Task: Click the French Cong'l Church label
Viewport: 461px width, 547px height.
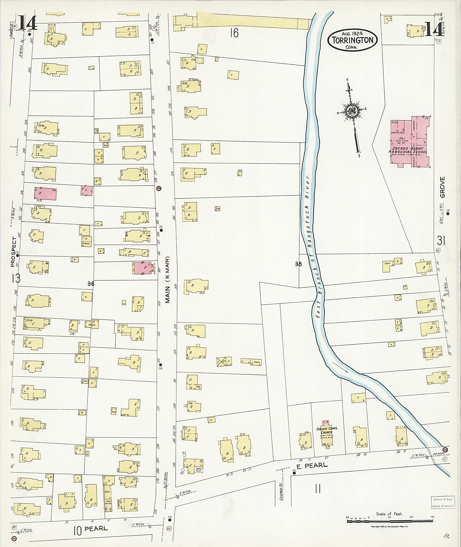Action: coord(327,430)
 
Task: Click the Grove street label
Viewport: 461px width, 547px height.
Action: coord(442,187)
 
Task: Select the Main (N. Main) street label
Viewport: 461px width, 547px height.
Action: coord(167,279)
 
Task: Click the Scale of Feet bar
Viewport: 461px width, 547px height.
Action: coord(389,521)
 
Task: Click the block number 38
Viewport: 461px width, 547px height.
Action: coord(298,264)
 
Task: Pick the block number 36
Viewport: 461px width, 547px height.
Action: coord(91,284)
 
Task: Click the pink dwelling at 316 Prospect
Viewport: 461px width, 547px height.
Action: coord(45,194)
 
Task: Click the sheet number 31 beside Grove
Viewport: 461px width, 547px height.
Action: coord(441,240)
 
